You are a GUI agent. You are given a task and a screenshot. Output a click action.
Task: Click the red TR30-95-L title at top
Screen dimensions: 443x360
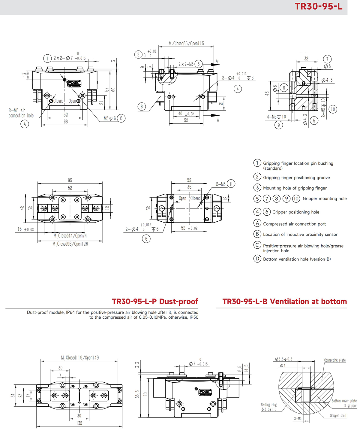tap(318, 7)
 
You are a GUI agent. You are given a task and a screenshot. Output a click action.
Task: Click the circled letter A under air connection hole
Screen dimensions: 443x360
tap(25, 124)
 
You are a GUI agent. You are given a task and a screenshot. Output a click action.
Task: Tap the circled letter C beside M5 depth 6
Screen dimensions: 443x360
tap(121, 118)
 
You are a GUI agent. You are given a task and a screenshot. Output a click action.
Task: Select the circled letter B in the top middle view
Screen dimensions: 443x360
tap(142, 106)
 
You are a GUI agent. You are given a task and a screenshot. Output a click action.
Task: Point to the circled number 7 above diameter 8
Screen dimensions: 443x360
tap(327, 59)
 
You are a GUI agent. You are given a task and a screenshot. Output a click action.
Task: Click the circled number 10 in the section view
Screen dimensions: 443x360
tap(333, 109)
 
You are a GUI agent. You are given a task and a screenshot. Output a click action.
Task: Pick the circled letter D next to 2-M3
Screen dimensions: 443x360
tap(231, 184)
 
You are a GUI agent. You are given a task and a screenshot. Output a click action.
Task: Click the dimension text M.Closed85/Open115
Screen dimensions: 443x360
tap(186, 44)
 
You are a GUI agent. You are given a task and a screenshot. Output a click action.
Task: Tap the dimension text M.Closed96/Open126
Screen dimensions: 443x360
tap(70, 244)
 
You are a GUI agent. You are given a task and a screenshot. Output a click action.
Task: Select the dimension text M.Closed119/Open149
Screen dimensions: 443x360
tap(80, 358)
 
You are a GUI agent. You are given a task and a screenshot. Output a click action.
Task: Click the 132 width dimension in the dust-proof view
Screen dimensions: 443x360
tap(79, 423)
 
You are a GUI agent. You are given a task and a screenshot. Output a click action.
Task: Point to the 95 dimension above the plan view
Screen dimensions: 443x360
tap(70, 180)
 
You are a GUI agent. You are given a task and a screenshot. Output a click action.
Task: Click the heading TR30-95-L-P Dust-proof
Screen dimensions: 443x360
tap(155, 302)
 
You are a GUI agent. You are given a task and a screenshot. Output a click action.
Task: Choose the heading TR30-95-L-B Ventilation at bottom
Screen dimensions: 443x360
tap(284, 302)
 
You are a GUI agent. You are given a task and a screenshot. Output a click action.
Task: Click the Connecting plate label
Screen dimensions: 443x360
tap(335, 360)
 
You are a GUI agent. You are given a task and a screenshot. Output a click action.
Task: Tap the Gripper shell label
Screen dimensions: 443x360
tap(338, 416)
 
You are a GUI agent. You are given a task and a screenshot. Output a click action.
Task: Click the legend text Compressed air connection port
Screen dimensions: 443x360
tap(294, 224)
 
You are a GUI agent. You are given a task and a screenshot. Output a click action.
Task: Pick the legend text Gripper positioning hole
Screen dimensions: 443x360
tap(295, 212)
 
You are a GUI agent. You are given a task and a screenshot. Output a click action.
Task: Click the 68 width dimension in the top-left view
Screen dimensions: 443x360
tap(66, 122)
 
